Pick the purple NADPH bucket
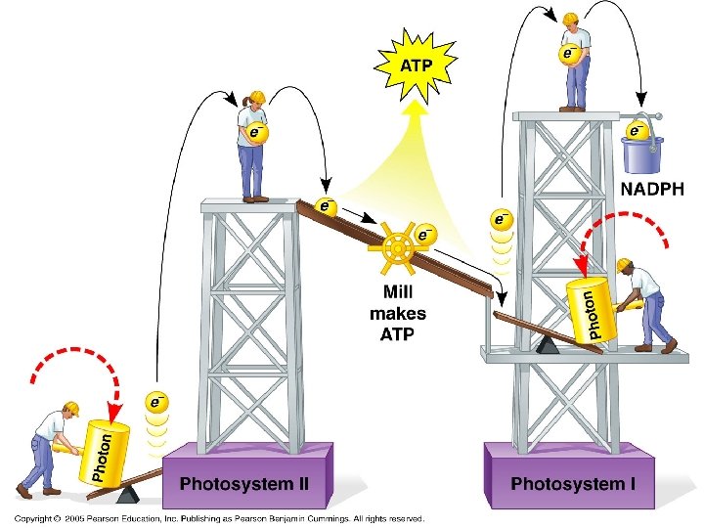click(x=641, y=151)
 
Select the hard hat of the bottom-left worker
click(x=70, y=408)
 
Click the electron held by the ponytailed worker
click(x=255, y=131)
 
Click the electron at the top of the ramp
click(x=326, y=206)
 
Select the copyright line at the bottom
click(x=219, y=518)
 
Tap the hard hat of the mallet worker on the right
click(x=624, y=265)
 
